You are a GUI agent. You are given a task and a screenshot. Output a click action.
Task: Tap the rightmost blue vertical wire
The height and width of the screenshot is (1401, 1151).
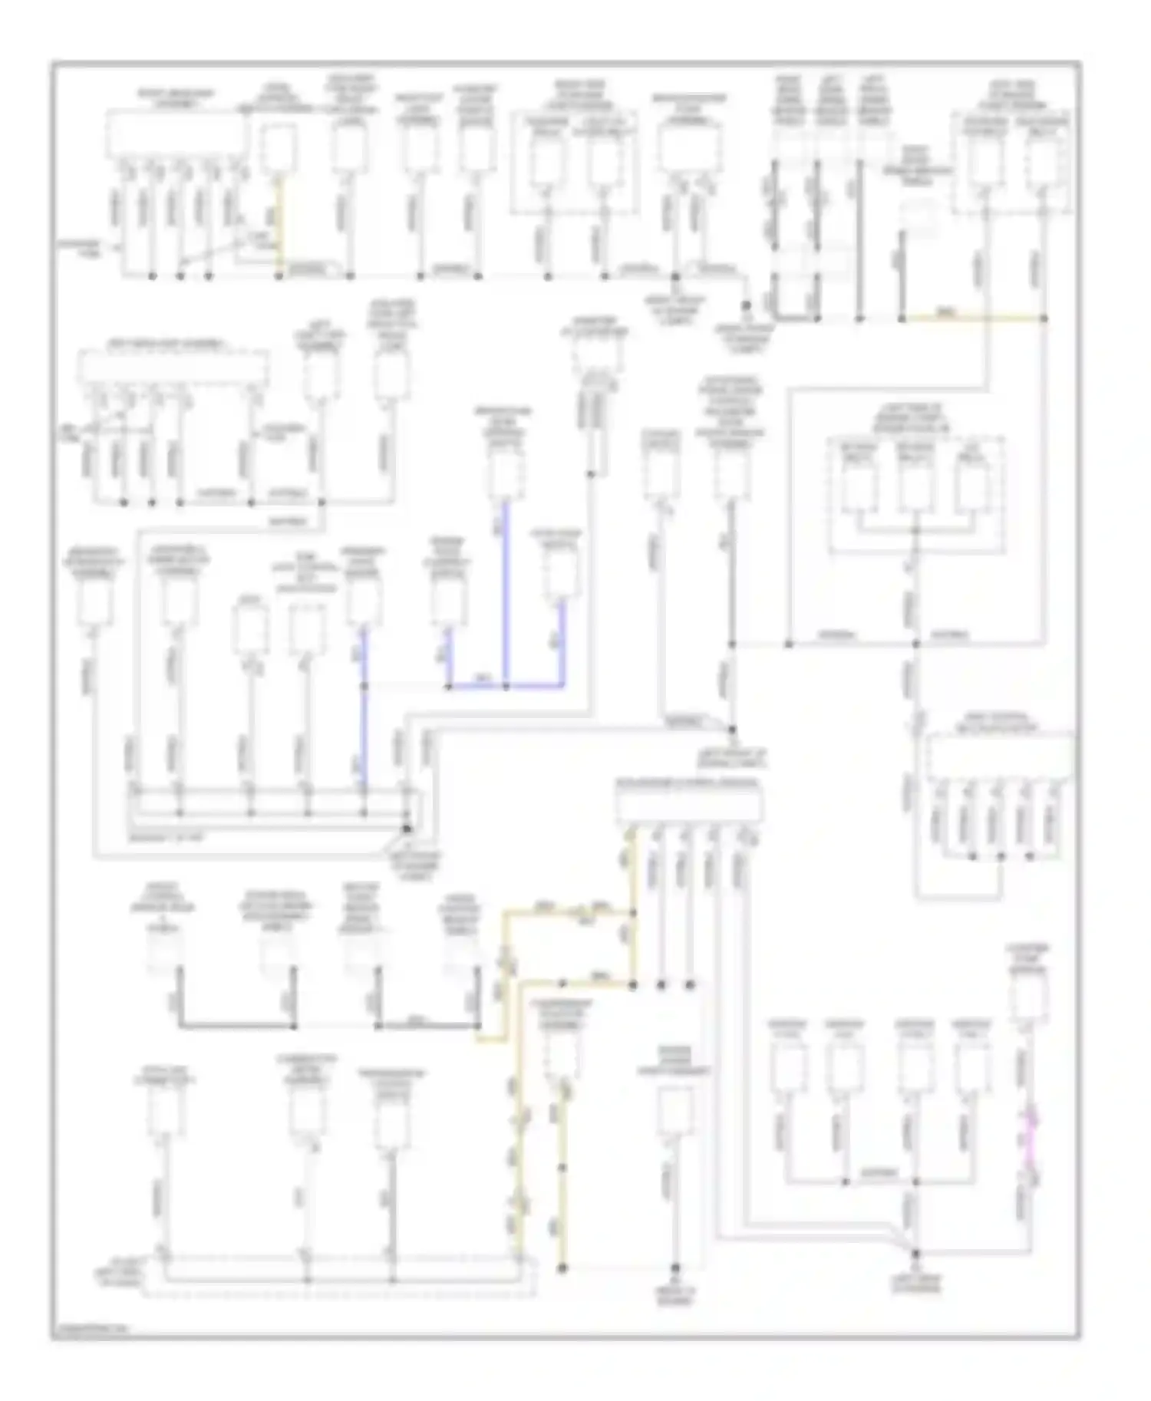[x=562, y=644]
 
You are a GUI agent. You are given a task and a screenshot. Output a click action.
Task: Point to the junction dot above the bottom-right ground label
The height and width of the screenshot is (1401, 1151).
[x=915, y=1254]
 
